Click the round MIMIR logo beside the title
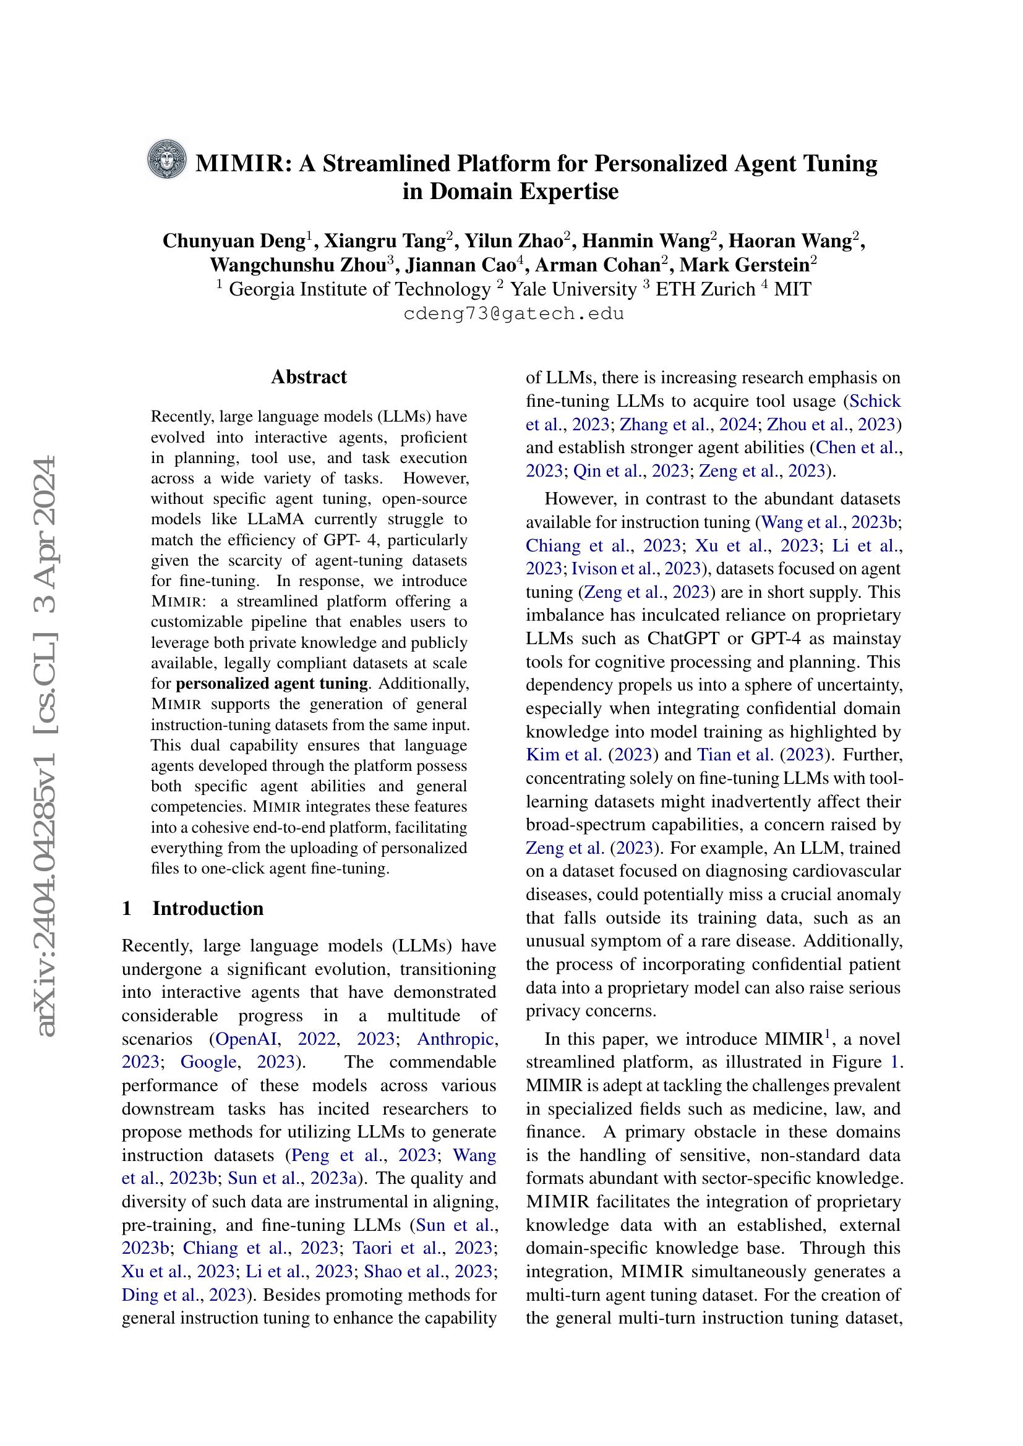(x=167, y=159)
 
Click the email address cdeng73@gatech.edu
(x=513, y=313)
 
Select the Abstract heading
(x=309, y=376)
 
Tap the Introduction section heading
(x=208, y=908)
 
